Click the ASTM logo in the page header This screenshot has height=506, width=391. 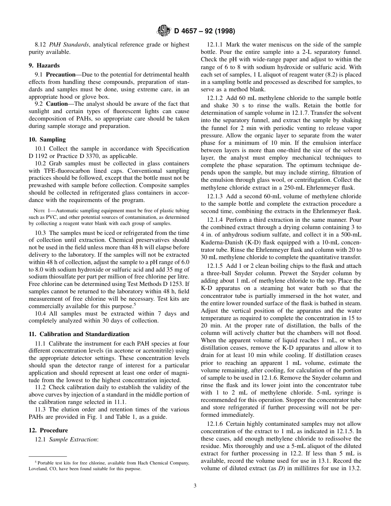tap(164, 30)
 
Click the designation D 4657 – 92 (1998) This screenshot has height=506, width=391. tap(205, 31)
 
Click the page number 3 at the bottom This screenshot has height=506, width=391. tap(195, 485)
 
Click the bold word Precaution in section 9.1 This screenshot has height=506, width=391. tap(61, 74)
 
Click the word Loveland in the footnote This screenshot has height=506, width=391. tap(40, 469)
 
